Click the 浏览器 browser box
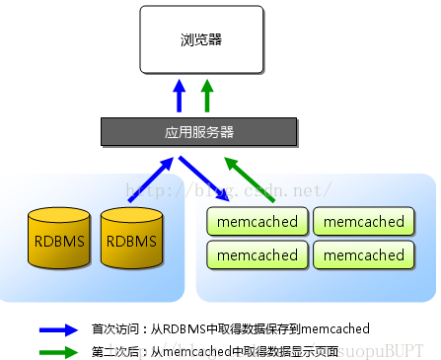(201, 40)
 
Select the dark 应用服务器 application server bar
(199, 131)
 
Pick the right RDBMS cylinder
(130, 239)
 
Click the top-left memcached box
(257, 222)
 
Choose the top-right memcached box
(363, 222)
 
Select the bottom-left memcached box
(257, 254)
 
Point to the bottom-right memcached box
(363, 254)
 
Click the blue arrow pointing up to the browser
(180, 97)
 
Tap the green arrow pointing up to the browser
(207, 97)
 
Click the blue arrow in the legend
(58, 329)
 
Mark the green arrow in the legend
(58, 350)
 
